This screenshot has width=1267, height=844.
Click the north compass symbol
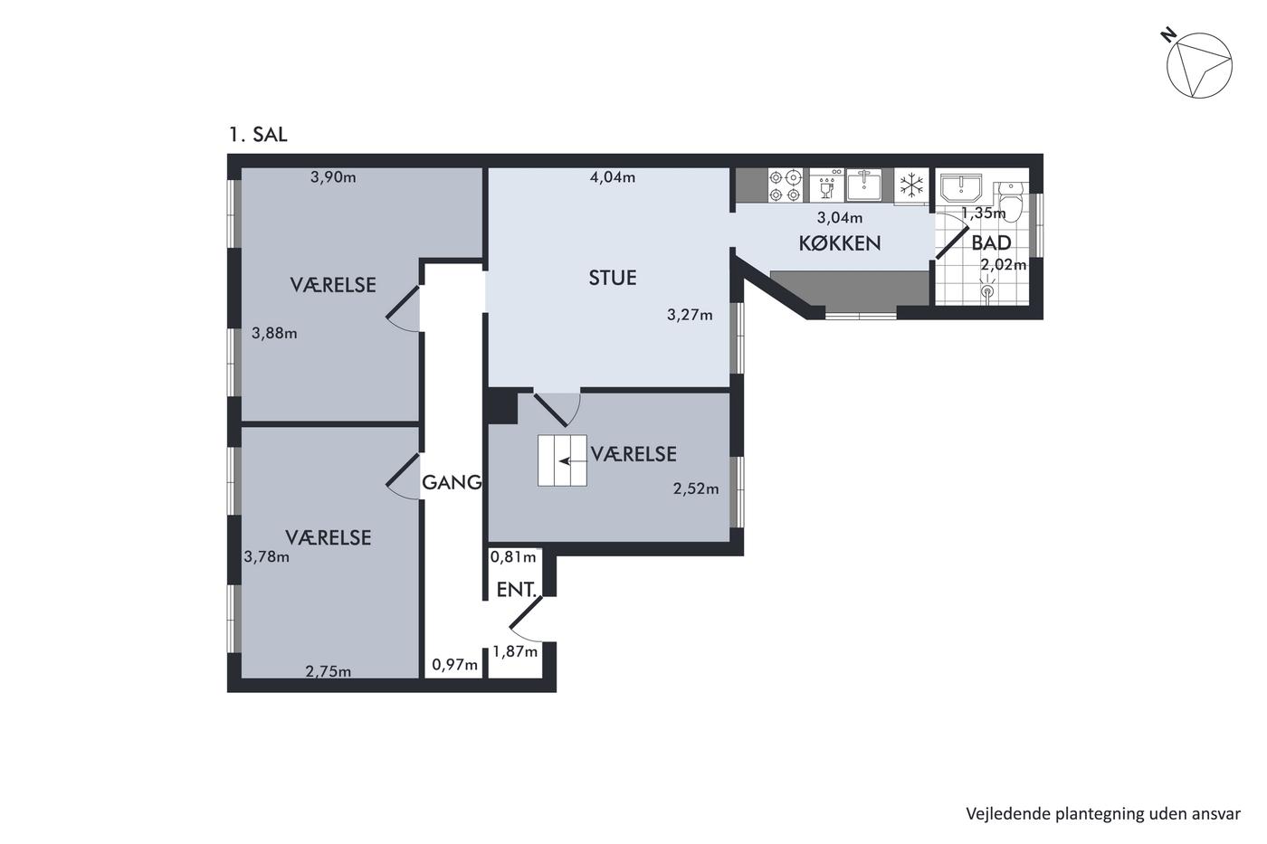click(1198, 65)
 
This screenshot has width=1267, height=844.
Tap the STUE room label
click(613, 278)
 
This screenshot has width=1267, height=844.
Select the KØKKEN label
click(840, 243)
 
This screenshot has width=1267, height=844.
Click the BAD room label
click(992, 243)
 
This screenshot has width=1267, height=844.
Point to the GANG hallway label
click(452, 482)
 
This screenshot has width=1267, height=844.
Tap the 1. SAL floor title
click(258, 135)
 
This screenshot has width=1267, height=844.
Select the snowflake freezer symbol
click(911, 185)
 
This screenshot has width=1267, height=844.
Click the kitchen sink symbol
click(863, 185)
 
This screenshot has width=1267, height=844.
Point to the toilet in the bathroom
click(1011, 201)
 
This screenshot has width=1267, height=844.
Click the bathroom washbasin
click(961, 189)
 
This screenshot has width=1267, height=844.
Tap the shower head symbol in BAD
click(987, 289)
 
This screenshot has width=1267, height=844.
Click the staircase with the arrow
click(562, 460)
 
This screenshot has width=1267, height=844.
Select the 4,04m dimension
click(613, 177)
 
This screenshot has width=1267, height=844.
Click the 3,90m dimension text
click(333, 177)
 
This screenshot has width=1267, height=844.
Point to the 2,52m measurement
click(696, 488)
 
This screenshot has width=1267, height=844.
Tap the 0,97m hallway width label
click(454, 665)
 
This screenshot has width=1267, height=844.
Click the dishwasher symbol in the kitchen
click(826, 185)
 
